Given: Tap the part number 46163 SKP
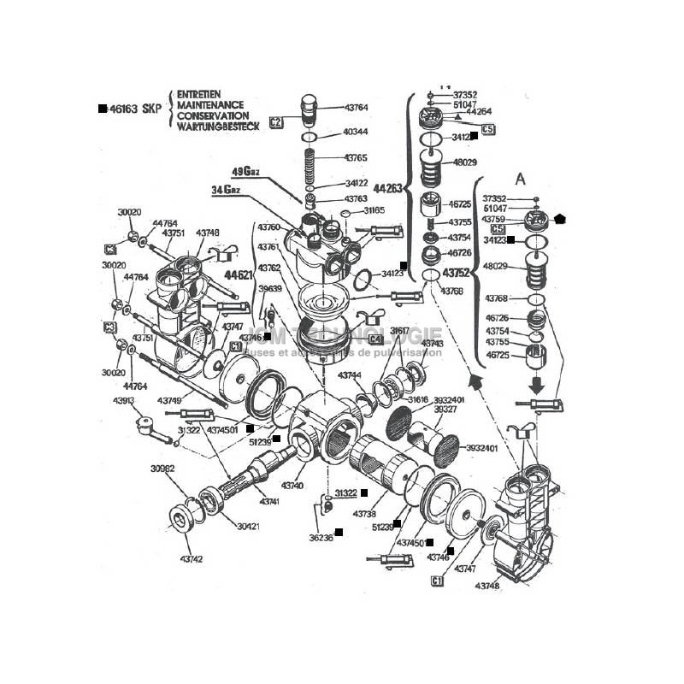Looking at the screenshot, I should [136, 109].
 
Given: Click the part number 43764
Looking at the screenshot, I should [357, 108].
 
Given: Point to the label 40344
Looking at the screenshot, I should [356, 132].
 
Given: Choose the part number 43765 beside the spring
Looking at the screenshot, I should [356, 158].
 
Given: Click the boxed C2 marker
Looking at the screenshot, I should [275, 121].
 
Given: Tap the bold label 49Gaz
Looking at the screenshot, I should [246, 170].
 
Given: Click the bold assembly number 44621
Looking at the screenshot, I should [239, 275].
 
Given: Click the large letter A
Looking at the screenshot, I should [519, 180].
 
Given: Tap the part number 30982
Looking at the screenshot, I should [162, 469].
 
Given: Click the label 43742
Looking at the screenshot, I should [192, 559].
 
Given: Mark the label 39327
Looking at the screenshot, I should [446, 410].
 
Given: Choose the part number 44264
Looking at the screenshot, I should [479, 111].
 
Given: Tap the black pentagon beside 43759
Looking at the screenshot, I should [560, 219].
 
